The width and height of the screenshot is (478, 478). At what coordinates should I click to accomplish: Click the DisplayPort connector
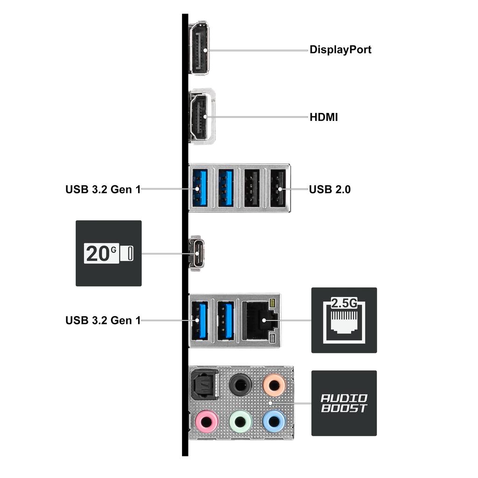[199, 48]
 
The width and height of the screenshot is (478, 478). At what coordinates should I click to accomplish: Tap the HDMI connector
[199, 116]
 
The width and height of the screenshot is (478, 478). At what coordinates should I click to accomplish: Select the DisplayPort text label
[340, 49]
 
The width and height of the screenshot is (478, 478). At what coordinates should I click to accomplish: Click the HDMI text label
[323, 117]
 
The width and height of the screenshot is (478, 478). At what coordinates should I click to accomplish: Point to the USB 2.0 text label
[330, 190]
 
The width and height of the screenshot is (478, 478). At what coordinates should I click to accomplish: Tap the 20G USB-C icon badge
[108, 253]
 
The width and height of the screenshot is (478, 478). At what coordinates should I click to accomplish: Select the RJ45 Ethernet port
[260, 321]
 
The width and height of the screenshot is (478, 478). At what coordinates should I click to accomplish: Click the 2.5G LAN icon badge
[344, 320]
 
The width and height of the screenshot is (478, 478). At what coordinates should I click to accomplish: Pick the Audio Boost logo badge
[344, 403]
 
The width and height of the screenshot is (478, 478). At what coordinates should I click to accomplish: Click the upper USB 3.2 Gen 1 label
[103, 190]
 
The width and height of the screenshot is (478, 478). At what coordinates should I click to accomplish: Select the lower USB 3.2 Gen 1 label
[103, 321]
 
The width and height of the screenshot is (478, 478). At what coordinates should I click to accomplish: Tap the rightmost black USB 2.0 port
[278, 188]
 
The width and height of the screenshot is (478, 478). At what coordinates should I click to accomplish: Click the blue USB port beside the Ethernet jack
[226, 321]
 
